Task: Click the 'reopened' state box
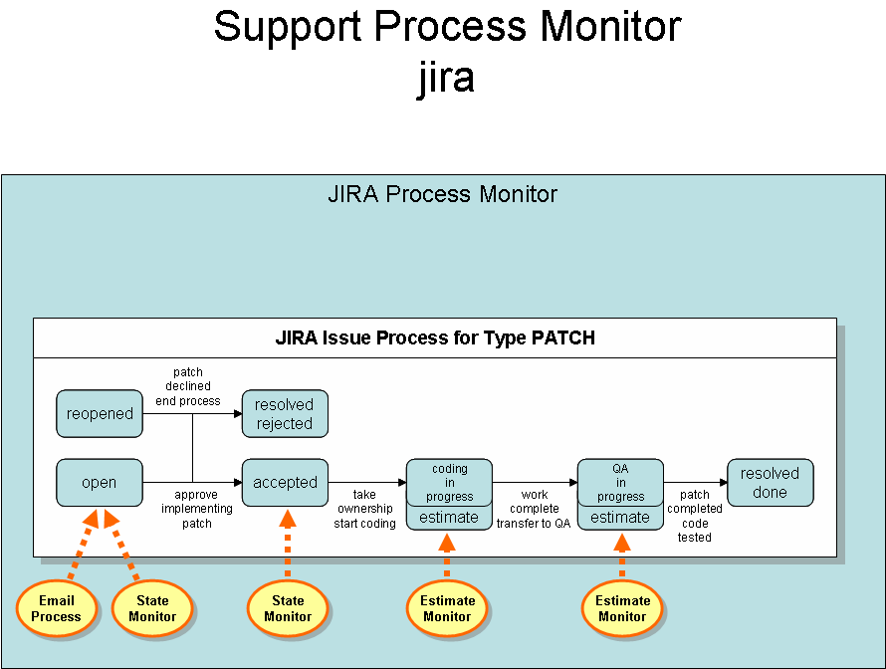[x=100, y=414]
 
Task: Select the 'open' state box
[x=100, y=483]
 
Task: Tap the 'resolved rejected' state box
[x=285, y=414]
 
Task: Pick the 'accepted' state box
[x=285, y=483]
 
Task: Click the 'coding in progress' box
[x=449, y=482]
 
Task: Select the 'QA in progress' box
[x=620, y=482]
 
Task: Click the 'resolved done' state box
[x=770, y=483]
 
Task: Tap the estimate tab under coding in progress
[x=449, y=518]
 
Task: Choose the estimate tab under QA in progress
[x=620, y=518]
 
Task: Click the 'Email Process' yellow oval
[x=56, y=608]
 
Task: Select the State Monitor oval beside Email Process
[x=152, y=608]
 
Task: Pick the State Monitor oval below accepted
[x=288, y=608]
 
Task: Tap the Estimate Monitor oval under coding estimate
[x=447, y=608]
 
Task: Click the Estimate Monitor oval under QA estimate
[x=622, y=608]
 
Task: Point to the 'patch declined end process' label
[x=187, y=387]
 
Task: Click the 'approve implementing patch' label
[x=197, y=509]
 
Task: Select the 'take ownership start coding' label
[x=364, y=509]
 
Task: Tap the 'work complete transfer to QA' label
[x=535, y=509]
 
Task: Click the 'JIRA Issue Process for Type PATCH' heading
[x=435, y=338]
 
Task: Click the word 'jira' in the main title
[x=446, y=78]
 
